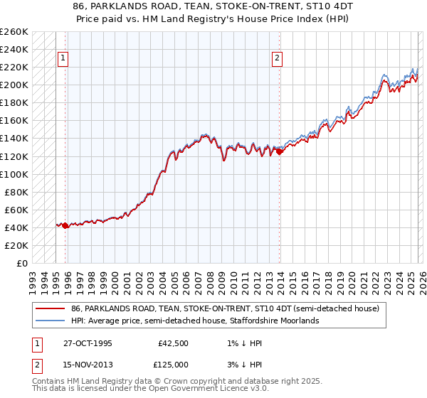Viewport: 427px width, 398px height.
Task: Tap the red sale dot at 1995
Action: click(x=65, y=225)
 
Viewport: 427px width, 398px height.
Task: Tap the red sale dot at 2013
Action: click(x=280, y=151)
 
